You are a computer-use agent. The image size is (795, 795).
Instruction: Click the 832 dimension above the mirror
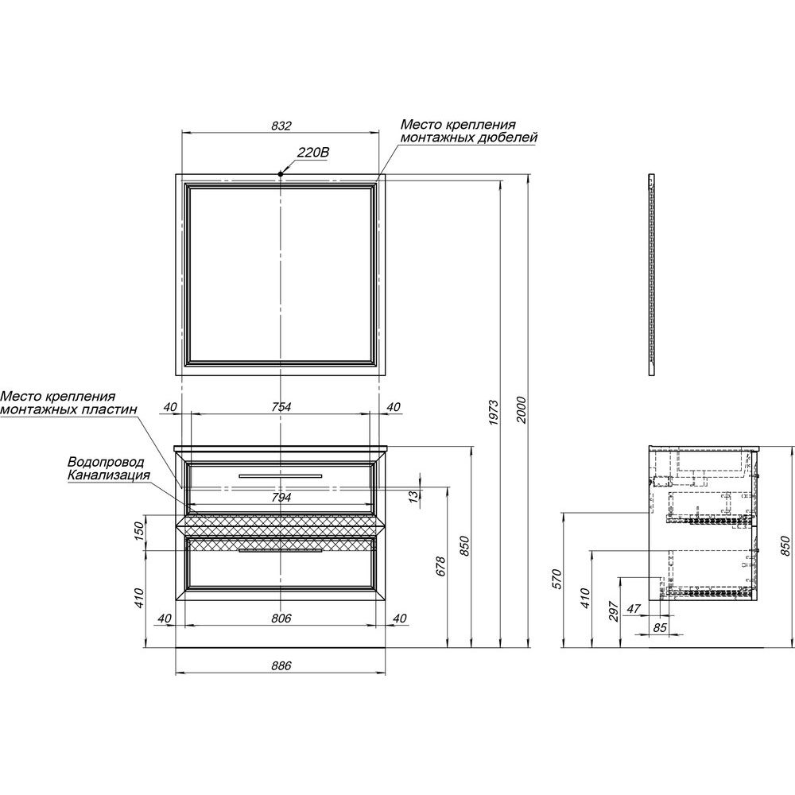click(x=281, y=126)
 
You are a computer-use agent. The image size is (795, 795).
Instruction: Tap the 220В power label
click(x=312, y=152)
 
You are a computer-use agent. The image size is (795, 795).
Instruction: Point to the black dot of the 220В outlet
click(x=281, y=174)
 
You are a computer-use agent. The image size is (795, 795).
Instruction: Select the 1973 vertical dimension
click(x=494, y=413)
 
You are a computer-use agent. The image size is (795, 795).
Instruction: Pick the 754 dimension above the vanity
click(x=281, y=406)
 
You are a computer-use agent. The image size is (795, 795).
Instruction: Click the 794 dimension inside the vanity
click(x=281, y=498)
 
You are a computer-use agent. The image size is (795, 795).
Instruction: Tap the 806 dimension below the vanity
click(x=281, y=618)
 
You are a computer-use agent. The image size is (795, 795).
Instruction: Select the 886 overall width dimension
click(x=281, y=665)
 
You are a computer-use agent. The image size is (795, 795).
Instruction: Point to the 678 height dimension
click(x=440, y=566)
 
